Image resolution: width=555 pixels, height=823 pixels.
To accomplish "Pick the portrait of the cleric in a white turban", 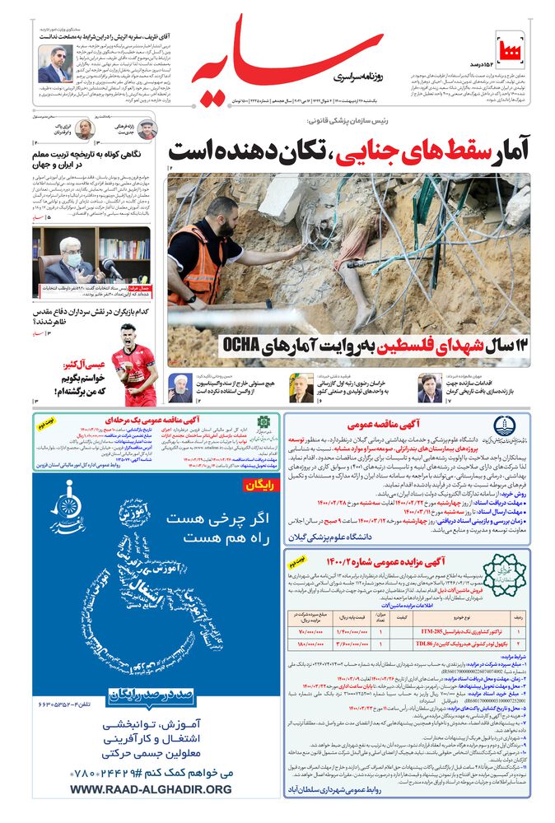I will tap(181, 383).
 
